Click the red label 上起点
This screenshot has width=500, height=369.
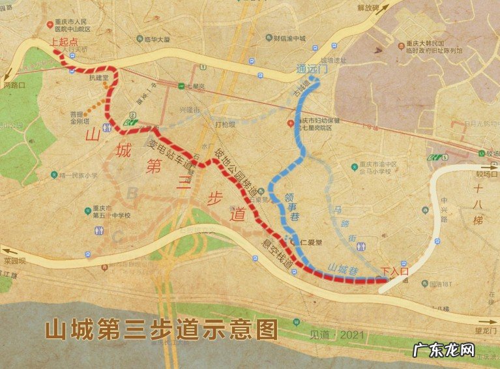[x=64, y=41]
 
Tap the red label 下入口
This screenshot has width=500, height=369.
[x=393, y=271]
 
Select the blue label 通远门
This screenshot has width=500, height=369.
[x=309, y=68]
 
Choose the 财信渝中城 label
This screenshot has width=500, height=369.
[x=291, y=38]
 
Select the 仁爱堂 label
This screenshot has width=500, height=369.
[x=310, y=242]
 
